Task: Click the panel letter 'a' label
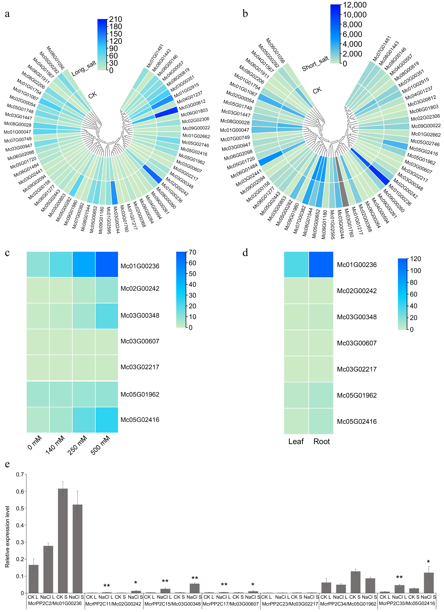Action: (x=7, y=14)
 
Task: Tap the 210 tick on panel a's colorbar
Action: (x=115, y=19)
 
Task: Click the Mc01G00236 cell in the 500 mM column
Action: (x=106, y=264)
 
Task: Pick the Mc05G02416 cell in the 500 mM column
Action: (x=106, y=420)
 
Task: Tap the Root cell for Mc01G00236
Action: (x=321, y=264)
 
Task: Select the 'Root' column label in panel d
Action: (x=321, y=442)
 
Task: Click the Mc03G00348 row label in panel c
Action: (x=140, y=315)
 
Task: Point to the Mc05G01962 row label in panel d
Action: (x=357, y=395)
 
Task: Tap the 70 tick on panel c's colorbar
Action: (x=192, y=252)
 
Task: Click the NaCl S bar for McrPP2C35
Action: (x=429, y=583)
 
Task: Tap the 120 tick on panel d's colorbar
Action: (x=415, y=259)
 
